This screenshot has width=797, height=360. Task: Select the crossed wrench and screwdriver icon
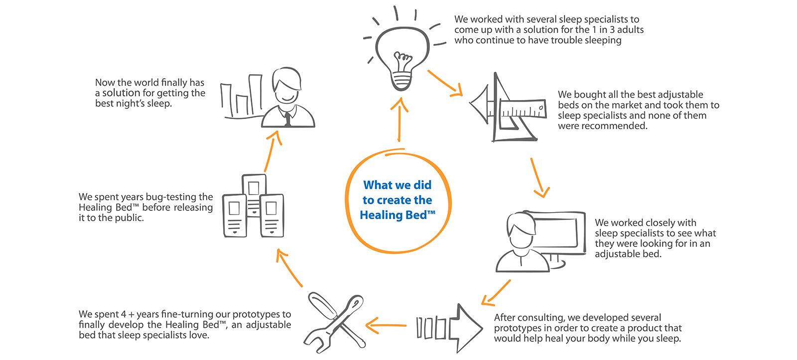point(335,322)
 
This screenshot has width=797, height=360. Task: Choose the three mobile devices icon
point(253,206)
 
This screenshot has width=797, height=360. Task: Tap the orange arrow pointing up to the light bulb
point(399,120)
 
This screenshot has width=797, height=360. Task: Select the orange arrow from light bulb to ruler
point(445,84)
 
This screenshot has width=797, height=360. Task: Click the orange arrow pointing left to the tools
point(386,325)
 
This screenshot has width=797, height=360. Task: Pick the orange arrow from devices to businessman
point(272,151)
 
